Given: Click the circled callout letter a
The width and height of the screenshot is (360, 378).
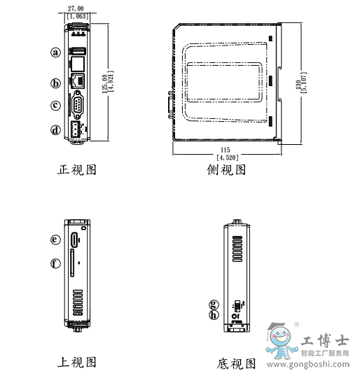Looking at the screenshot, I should tap(56, 51).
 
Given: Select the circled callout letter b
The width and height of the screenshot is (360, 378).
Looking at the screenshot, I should tap(56, 83).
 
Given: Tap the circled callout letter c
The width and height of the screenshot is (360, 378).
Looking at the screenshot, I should tap(56, 106).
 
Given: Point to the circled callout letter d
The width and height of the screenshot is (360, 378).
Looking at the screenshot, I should tap(56, 129).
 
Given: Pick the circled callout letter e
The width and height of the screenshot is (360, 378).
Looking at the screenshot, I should tap(56, 239).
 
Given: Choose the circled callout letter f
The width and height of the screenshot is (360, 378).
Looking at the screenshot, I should tap(56, 263).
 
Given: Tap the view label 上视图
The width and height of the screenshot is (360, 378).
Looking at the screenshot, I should tap(76, 362).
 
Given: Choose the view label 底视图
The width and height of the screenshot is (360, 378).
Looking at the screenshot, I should tap(236, 364).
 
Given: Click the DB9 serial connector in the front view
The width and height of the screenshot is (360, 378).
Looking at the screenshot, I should tap(77, 107).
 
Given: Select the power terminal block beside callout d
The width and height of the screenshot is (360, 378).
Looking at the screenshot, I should tap(74, 129).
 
